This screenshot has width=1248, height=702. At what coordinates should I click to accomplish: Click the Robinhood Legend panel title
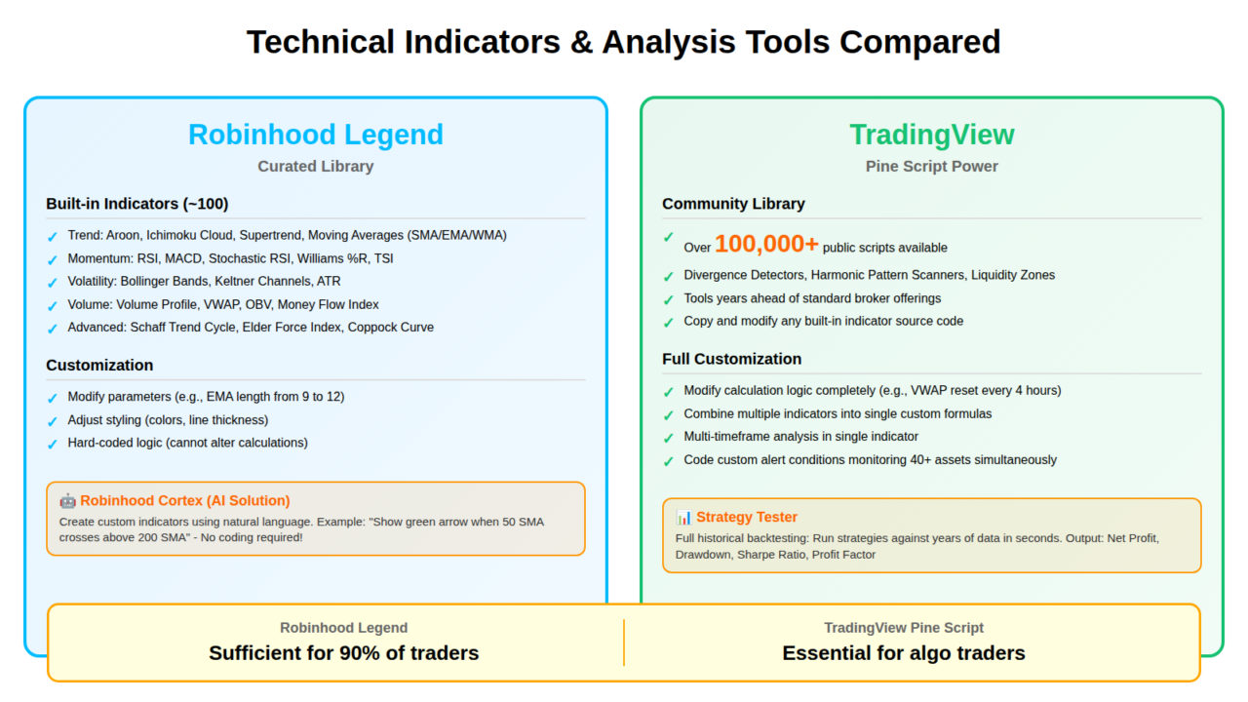click(315, 135)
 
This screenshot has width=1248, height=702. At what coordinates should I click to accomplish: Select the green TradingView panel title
click(931, 135)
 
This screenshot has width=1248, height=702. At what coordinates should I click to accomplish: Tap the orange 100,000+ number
click(766, 244)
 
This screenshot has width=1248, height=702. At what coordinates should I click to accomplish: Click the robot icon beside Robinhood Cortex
click(67, 501)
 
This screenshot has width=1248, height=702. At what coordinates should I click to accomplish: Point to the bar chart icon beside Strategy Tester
click(683, 517)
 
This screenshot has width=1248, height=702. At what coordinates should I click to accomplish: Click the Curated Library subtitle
click(315, 166)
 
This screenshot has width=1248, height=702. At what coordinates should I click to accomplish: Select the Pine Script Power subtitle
click(931, 166)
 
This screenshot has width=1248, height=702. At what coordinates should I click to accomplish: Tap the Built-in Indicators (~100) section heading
click(137, 204)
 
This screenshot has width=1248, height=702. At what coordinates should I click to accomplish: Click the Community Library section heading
click(733, 204)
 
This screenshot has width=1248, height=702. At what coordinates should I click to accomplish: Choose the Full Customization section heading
click(731, 359)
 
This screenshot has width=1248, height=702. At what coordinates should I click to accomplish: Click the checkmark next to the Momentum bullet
click(53, 260)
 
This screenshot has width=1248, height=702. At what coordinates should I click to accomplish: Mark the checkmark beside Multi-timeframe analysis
click(669, 438)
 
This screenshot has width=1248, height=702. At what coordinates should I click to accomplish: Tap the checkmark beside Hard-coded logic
click(53, 444)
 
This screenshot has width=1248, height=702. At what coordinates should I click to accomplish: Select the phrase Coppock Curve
click(391, 327)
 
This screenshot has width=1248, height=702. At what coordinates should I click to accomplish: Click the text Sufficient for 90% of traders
click(344, 653)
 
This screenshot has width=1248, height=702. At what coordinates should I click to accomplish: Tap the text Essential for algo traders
click(904, 653)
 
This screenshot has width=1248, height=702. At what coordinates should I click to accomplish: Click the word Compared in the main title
click(920, 42)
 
